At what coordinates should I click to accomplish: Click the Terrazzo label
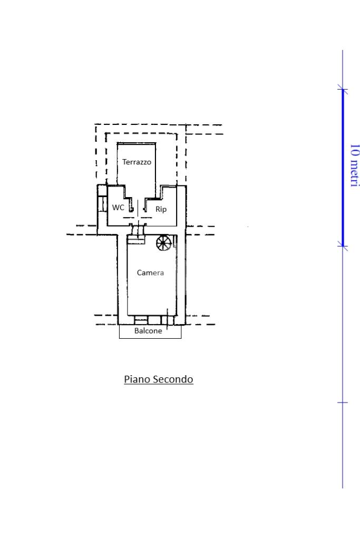pyautogui.click(x=137, y=162)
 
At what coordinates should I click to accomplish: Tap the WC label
pyautogui.click(x=118, y=208)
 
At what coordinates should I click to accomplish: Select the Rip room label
pyautogui.click(x=161, y=209)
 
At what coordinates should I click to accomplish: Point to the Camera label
pyautogui.click(x=150, y=272)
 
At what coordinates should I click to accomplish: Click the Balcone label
pyautogui.click(x=148, y=331)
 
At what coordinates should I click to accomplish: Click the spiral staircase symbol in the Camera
pyautogui.click(x=164, y=243)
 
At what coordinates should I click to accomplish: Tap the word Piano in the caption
pyautogui.click(x=138, y=379)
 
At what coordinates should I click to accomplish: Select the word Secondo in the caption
pyautogui.click(x=173, y=379)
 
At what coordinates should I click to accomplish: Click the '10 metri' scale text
pyautogui.click(x=355, y=165)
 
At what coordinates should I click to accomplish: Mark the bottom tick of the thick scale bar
pyautogui.click(x=343, y=246)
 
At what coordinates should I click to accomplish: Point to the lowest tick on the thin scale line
pyautogui.click(x=343, y=402)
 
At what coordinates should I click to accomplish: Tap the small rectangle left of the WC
pyautogui.click(x=102, y=203)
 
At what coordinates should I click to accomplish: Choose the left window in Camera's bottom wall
pyautogui.click(x=141, y=320)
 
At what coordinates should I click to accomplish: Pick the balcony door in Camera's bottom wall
pyautogui.click(x=168, y=320)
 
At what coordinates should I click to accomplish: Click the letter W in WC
pyautogui.click(x=115, y=208)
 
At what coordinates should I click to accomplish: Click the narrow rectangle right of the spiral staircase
pyautogui.click(x=175, y=242)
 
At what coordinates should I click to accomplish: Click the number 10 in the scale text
pyautogui.click(x=355, y=150)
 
